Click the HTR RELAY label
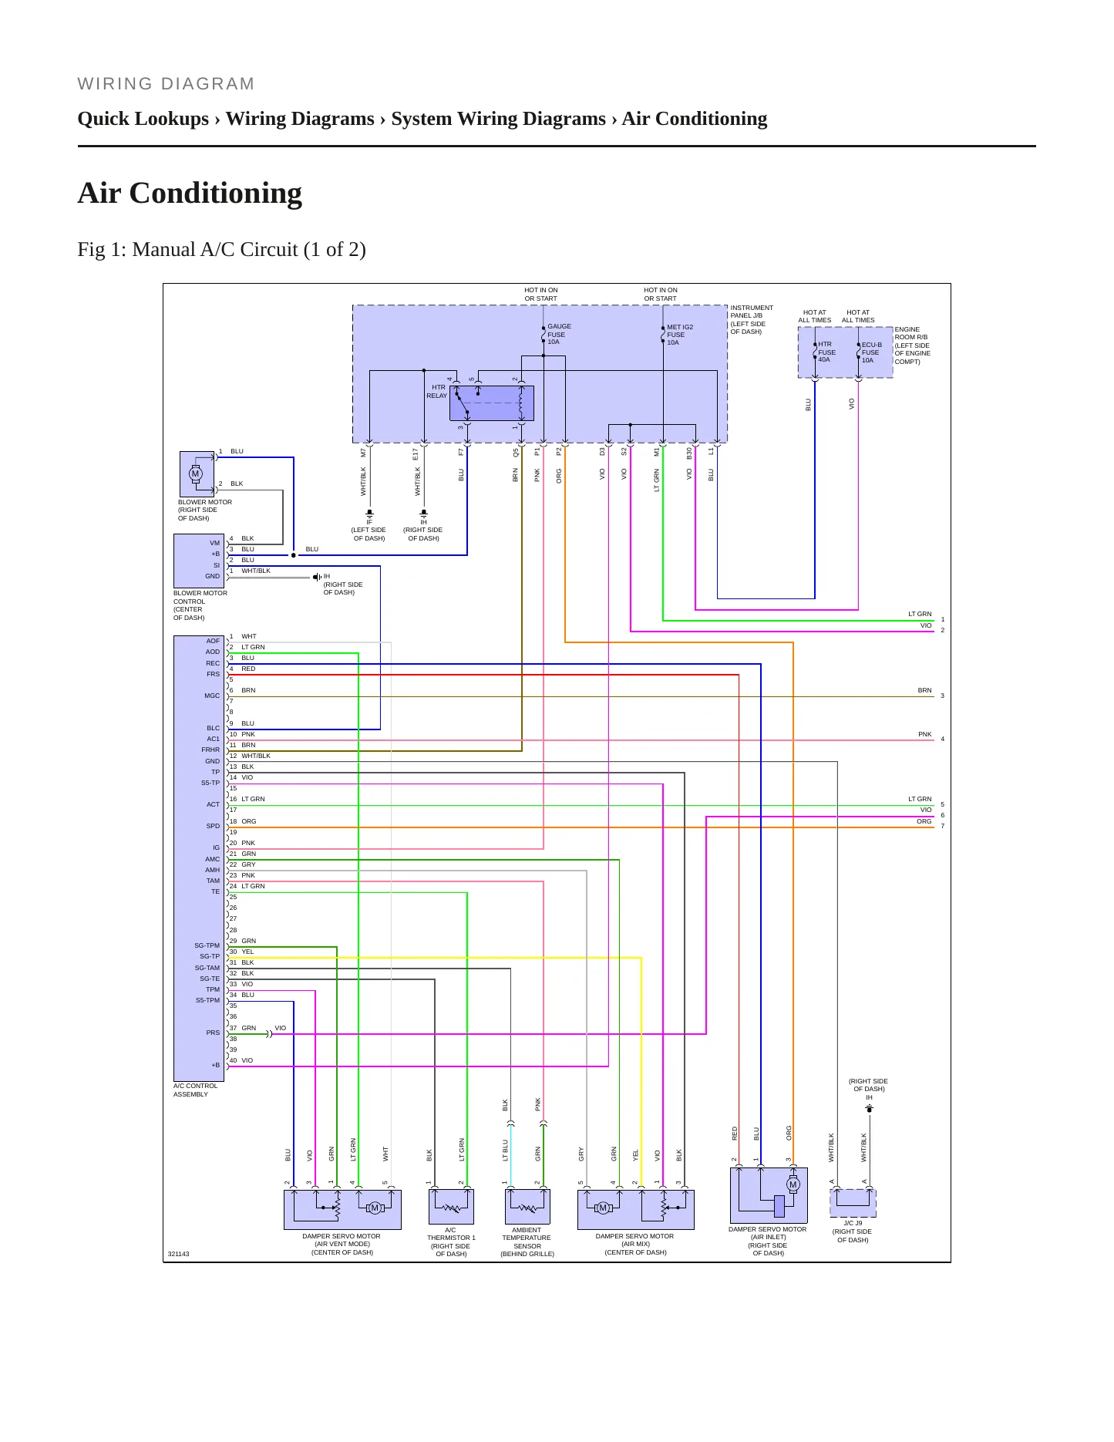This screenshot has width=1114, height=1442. click(437, 392)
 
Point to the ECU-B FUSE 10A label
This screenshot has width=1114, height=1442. click(871, 352)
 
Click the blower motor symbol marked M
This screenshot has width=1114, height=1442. click(196, 474)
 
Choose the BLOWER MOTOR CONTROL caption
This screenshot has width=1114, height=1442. click(200, 605)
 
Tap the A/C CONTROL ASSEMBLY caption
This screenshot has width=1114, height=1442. click(195, 1090)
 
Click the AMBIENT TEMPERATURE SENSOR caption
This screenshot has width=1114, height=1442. click(527, 1242)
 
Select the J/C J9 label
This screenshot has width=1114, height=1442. click(853, 1223)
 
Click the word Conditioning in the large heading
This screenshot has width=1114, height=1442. click(216, 194)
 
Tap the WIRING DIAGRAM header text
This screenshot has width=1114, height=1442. click(167, 84)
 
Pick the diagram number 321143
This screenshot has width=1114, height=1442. click(178, 1254)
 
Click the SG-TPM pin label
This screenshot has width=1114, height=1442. click(207, 945)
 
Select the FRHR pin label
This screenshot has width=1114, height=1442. click(210, 750)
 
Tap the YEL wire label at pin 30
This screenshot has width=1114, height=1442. click(247, 952)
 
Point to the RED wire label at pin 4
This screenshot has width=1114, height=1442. click(248, 669)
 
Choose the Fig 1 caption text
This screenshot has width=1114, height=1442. click(222, 250)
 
